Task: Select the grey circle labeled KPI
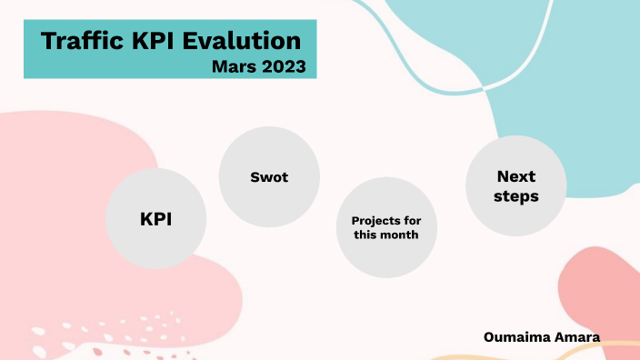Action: [155, 217]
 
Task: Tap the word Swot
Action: [269, 177]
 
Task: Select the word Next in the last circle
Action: [516, 175]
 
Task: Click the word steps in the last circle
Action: [516, 195]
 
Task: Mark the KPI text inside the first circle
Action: [155, 219]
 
